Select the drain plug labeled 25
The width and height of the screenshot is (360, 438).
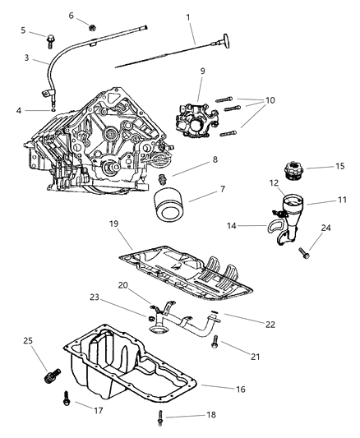click(49, 378)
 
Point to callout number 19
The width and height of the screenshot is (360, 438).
click(114, 223)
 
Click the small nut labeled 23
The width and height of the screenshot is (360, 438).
click(151, 316)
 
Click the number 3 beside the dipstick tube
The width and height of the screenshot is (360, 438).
click(25, 58)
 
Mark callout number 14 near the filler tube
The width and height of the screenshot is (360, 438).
click(233, 224)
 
